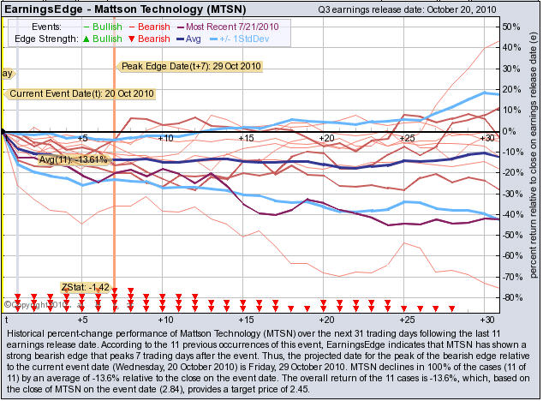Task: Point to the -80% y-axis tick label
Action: (x=512, y=296)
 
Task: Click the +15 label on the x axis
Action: (x=246, y=138)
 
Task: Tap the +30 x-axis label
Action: (x=487, y=138)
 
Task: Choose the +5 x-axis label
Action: (x=82, y=138)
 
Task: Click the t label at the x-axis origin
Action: (x=6, y=318)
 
